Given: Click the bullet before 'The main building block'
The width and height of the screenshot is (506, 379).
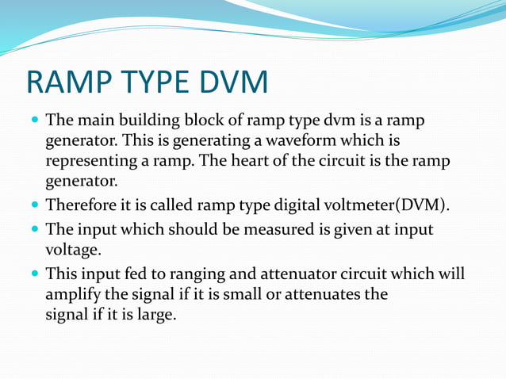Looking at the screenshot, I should tap(36, 122).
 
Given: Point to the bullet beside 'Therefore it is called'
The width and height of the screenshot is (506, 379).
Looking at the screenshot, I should tap(36, 206).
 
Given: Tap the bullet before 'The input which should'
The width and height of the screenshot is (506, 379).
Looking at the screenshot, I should tap(36, 231).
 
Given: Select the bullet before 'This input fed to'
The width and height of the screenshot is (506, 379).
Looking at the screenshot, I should tap(36, 275).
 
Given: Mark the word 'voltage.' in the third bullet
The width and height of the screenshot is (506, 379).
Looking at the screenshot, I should tap(73, 250).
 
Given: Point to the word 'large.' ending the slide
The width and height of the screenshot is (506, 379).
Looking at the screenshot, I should tap(154, 314).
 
